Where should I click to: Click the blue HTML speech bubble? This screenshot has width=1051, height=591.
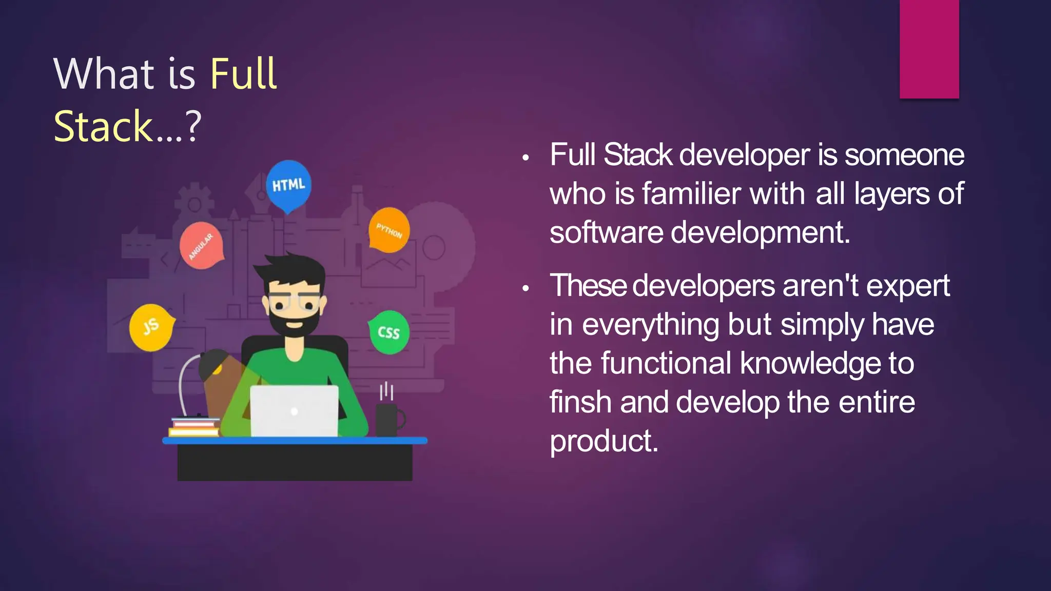[x=288, y=185]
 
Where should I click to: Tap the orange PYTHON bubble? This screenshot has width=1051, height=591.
[x=389, y=230]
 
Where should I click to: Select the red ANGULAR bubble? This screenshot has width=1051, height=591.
[x=201, y=246]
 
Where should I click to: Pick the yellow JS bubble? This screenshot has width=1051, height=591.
[x=150, y=327]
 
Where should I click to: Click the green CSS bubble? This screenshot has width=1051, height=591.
[x=389, y=332]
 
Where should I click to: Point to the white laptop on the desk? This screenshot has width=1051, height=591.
[x=294, y=411]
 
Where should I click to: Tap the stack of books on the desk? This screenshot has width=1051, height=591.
[x=194, y=427]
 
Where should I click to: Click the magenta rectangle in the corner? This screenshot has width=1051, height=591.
[x=929, y=49]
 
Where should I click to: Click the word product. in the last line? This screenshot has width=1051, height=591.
[x=604, y=441]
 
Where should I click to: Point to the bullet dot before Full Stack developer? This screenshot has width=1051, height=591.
[x=525, y=158]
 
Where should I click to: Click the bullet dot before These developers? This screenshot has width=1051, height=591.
[x=525, y=289]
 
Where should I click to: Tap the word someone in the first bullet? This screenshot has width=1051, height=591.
[x=904, y=155]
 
